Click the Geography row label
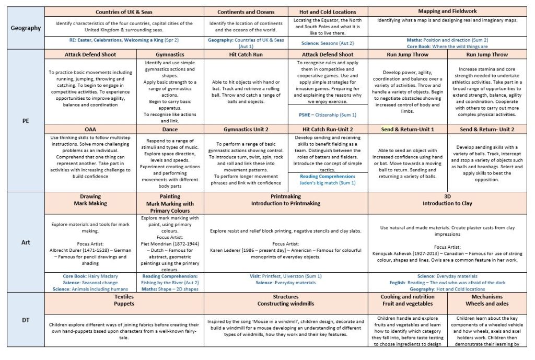coord(26,28)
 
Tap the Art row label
coord(26,242)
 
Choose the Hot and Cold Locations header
coord(328,12)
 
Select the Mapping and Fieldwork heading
coord(447,11)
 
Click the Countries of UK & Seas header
coord(124,12)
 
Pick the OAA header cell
coord(90,129)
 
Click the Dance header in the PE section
coord(170,129)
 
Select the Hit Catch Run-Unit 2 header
coord(328,129)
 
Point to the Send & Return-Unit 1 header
coord(408,129)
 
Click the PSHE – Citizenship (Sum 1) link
coord(328,115)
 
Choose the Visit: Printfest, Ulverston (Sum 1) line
coord(287,276)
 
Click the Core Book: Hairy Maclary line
coord(90,276)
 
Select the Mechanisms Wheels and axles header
coord(487,300)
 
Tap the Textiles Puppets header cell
coord(124,300)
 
